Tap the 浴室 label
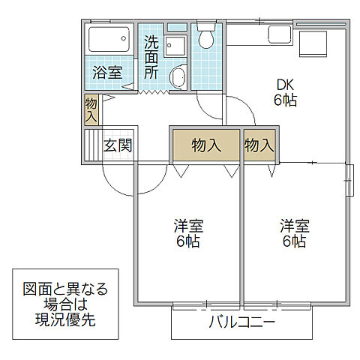[x=107, y=73]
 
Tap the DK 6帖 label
[x=285, y=91]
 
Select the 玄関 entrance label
[x=118, y=145]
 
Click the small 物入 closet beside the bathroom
[x=91, y=109]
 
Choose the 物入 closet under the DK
[x=259, y=145]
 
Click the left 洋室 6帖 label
[x=187, y=233]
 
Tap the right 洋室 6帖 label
[x=294, y=233]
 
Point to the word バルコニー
[x=241, y=324]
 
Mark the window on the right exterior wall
[x=349, y=181]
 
